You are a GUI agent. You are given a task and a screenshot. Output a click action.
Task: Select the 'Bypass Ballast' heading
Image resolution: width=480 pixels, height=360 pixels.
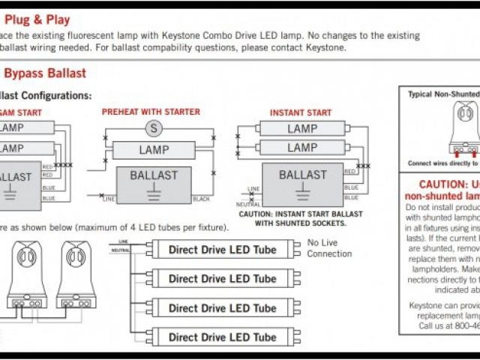coord(45,73)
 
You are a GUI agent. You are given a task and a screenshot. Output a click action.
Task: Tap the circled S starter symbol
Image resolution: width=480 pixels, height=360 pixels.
coord(154,127)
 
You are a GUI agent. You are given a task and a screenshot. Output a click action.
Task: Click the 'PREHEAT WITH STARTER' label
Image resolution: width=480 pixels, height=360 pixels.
coord(151,112)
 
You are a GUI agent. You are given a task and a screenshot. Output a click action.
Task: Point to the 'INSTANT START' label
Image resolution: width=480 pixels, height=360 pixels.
coord(300,112)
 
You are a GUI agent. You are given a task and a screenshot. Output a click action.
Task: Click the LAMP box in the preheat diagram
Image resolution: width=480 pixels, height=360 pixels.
coord(154,150)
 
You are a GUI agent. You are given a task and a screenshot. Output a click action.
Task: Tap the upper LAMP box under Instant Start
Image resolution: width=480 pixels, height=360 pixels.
coord(301,128)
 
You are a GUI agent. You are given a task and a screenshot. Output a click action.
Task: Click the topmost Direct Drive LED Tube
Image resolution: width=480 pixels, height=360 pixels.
coord(222,249)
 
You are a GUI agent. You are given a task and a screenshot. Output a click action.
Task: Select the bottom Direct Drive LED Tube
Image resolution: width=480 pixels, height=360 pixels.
coord(222,337)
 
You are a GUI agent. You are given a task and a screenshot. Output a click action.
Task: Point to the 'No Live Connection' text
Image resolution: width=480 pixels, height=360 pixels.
coord(328,248)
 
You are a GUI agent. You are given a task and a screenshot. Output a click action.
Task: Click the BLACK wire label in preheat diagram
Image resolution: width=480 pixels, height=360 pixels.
coord(201,199)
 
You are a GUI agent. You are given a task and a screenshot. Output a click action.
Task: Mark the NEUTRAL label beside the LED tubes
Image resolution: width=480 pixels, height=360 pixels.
coord(120,250)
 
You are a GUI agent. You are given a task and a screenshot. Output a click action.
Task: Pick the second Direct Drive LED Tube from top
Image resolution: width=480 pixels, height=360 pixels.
coord(222,278)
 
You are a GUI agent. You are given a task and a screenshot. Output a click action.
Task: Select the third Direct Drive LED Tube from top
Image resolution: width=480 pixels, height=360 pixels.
coord(222,307)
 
